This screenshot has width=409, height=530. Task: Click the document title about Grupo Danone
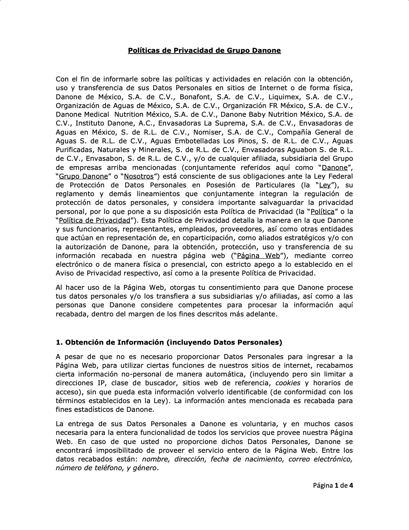204,50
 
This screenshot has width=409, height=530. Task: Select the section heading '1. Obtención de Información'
169,342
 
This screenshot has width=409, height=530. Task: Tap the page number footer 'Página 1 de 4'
333,485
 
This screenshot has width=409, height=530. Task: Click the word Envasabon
104,159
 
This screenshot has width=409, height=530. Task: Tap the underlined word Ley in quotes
325,185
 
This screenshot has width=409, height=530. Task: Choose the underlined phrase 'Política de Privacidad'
94,220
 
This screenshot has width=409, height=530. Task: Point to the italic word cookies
288,383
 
